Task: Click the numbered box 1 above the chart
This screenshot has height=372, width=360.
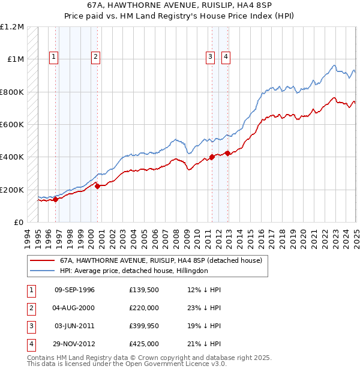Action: [54, 57]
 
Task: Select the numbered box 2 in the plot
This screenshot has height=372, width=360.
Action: [95, 57]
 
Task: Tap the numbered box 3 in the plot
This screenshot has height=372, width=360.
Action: [211, 57]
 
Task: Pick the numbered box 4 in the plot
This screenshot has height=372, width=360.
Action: [226, 57]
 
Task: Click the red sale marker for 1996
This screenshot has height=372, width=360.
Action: [55, 200]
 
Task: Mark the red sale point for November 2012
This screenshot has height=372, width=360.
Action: [228, 153]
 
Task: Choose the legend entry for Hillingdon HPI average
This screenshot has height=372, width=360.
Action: [133, 271]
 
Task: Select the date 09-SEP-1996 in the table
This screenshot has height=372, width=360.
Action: [74, 290]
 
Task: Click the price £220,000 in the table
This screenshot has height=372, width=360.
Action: [144, 308]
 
